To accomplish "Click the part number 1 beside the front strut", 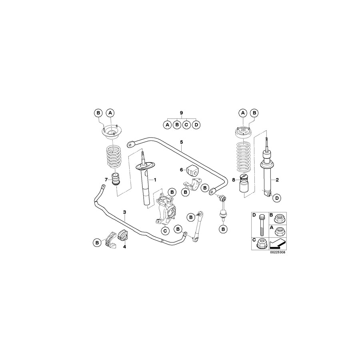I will tap(154, 180).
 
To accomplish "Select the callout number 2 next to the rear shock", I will tap(277, 180).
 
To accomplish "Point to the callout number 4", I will tap(124, 247).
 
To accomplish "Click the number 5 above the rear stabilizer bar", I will tap(181, 142).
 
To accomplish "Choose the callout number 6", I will tap(181, 170).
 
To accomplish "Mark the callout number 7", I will tap(106, 179).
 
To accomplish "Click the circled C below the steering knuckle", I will tap(165, 230).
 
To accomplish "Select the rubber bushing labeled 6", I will tap(194, 170).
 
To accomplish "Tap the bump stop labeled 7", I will tap(116, 178).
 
